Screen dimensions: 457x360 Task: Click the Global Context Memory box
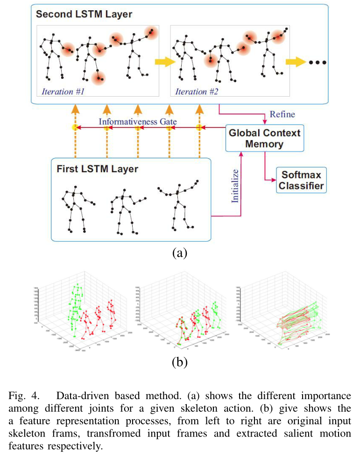[x=264, y=138]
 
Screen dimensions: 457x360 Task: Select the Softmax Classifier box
[x=302, y=180]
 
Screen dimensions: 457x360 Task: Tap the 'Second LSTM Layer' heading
[x=84, y=14]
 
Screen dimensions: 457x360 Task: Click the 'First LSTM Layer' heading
[x=97, y=169]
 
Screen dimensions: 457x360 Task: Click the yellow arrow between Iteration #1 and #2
[x=162, y=62]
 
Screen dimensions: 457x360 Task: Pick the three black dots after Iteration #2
[x=316, y=62]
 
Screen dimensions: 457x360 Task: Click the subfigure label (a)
[x=180, y=253]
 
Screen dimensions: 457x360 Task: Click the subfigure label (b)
[x=180, y=361]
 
